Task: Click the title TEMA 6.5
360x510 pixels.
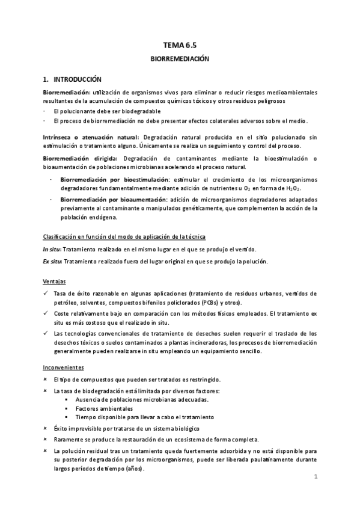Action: pos(179,44)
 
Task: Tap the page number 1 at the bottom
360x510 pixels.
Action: pos(315,476)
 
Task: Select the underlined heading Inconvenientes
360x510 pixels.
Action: pos(63,367)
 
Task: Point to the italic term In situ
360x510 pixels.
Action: pos(52,249)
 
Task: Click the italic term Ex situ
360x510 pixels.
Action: pos(53,261)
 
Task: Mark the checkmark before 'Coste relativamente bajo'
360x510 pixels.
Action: pos(47,313)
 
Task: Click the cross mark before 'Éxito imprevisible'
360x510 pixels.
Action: pos(47,428)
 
